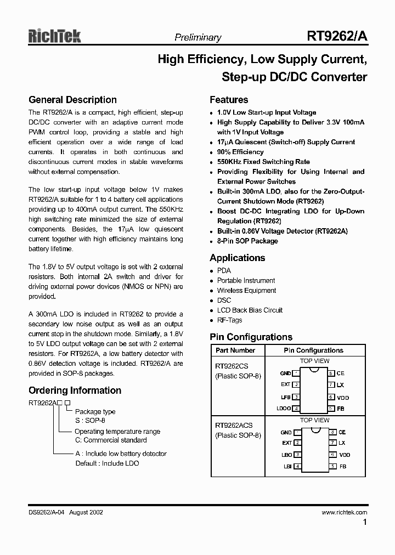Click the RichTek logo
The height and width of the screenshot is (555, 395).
coord(54,36)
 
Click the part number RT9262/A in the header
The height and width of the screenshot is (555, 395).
coord(337,37)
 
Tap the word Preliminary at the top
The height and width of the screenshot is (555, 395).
coord(198,38)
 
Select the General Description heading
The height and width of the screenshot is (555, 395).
coord(72,100)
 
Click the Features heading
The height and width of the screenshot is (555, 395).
coord(229,100)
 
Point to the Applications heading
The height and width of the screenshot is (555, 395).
coord(237,258)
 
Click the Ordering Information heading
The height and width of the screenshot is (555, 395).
coord(75,390)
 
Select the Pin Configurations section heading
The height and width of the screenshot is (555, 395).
coord(251,337)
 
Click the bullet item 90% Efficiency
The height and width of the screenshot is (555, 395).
coord(240,152)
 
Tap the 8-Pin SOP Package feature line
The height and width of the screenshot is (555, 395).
coord(247,241)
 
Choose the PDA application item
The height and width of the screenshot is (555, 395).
coord(224,271)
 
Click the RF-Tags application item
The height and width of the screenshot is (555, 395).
coord(229,320)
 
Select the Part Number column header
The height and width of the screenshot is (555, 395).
coord(235,350)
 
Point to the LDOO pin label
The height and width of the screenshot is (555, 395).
coord(284,409)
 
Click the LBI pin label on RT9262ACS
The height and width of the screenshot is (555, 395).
coord(287,467)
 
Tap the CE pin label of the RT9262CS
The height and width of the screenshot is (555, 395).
coord(341,373)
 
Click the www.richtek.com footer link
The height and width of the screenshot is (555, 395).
coord(344,512)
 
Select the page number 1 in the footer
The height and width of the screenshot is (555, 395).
coord(365,523)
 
